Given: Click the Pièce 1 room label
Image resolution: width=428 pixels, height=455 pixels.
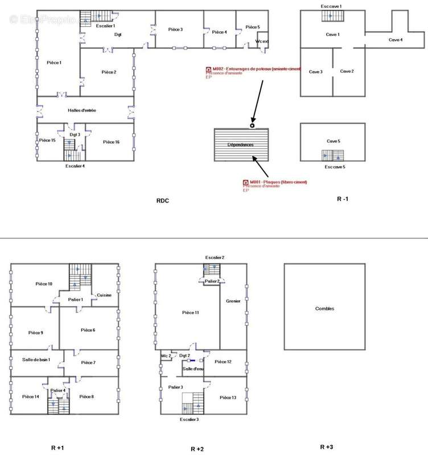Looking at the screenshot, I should pyautogui.click(x=53, y=63).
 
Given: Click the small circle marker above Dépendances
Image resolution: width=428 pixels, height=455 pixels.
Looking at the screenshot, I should pyautogui.click(x=253, y=125).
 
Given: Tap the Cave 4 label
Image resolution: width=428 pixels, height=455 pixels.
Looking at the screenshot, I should pyautogui.click(x=396, y=40).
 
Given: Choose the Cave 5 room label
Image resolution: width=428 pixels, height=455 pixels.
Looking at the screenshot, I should pyautogui.click(x=333, y=141).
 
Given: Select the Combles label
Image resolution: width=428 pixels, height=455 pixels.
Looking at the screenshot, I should pyautogui.click(x=324, y=309).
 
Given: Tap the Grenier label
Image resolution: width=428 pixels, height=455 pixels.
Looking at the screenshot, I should pyautogui.click(x=233, y=301).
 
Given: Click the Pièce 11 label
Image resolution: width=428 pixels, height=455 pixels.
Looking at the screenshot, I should pyautogui.click(x=191, y=312).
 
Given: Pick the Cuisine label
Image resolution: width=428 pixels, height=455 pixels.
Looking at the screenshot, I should pyautogui.click(x=104, y=295).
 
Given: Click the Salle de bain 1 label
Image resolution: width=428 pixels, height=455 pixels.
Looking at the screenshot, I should pyautogui.click(x=36, y=359).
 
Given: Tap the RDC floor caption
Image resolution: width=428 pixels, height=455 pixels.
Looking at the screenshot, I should pyautogui.click(x=163, y=201).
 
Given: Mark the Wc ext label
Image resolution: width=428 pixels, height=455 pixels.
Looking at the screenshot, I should pyautogui.click(x=262, y=41).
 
